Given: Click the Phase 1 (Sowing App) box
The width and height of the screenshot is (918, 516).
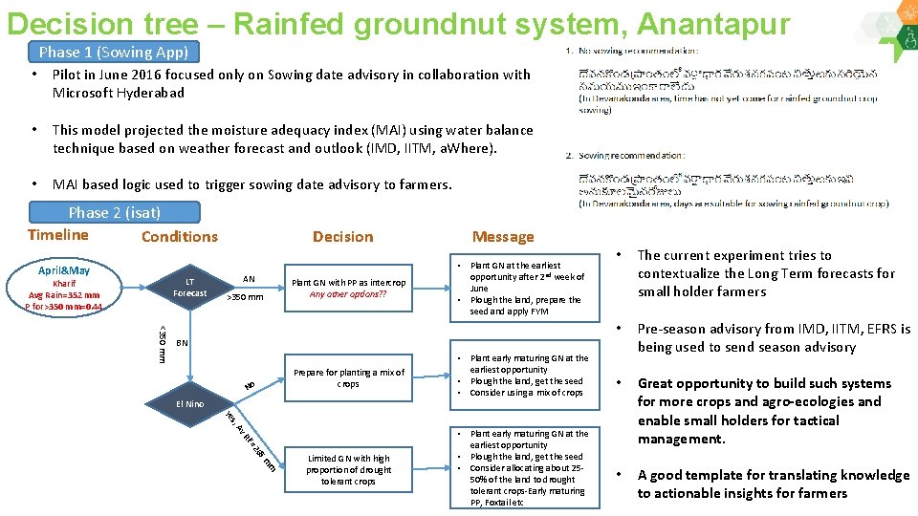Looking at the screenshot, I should (x=114, y=53).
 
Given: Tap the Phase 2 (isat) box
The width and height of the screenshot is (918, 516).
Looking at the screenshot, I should (x=115, y=212).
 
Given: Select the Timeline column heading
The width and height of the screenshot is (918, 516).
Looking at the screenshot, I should (x=58, y=235).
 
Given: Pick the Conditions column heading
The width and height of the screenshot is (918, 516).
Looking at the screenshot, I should (x=179, y=237).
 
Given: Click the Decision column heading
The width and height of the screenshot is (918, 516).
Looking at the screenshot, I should (x=342, y=237).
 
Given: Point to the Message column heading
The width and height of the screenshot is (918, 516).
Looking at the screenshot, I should (x=503, y=237).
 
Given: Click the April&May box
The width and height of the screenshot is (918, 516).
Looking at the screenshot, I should (x=64, y=270).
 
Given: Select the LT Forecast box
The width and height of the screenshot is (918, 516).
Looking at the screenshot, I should (x=189, y=288).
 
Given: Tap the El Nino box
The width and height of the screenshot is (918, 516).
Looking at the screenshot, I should (x=189, y=404).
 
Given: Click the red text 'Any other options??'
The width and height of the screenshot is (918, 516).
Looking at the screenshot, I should (x=348, y=294).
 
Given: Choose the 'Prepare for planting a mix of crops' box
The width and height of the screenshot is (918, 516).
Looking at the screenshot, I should (x=348, y=378).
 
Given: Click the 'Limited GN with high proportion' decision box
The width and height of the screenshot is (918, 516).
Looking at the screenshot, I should (x=348, y=469).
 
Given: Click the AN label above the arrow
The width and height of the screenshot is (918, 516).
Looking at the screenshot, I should (x=249, y=279).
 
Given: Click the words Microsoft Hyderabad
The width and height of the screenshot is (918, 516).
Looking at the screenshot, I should (x=119, y=93).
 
